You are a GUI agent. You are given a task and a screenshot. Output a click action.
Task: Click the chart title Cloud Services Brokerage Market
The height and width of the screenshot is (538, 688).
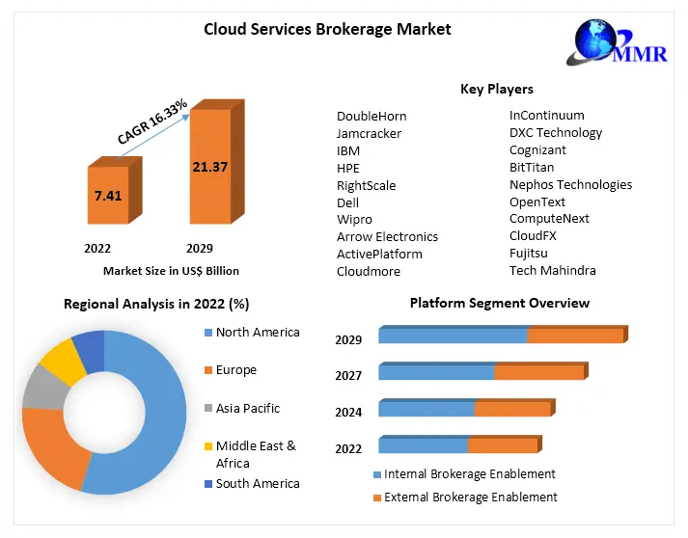click(327, 29)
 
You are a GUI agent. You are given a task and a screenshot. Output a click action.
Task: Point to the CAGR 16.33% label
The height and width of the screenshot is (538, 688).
click(151, 120)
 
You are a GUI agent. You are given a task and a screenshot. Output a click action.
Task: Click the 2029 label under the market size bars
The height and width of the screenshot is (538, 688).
click(200, 248)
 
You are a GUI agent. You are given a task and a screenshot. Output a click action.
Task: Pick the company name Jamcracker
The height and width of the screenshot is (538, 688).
click(369, 133)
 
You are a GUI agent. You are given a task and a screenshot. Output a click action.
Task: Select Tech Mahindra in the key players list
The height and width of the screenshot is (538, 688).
click(553, 271)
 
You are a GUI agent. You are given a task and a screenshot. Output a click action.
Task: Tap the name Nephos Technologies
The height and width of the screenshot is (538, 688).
click(570, 185)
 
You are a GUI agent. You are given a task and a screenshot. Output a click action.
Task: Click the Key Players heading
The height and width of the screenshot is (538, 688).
click(496, 90)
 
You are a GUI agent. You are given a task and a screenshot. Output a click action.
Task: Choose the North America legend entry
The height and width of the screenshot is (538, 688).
click(258, 333)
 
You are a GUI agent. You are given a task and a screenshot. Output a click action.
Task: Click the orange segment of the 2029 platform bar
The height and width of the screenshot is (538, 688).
click(575, 336)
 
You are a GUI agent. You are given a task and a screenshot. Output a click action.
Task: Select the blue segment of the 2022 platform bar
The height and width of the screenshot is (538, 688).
click(423, 445)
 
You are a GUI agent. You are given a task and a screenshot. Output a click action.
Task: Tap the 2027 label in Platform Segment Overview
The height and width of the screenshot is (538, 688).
click(348, 376)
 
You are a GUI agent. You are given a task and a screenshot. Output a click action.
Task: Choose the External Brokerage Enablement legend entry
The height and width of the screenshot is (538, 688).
click(470, 498)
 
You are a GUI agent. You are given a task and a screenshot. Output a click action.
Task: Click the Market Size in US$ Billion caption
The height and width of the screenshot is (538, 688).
click(171, 271)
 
